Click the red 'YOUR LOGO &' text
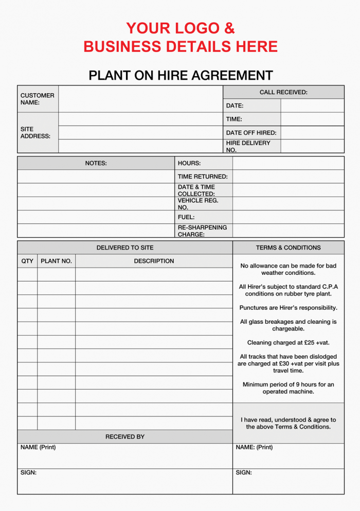(180, 28)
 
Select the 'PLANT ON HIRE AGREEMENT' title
(181, 75)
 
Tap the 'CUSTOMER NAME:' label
(37, 99)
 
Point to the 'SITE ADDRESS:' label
(35, 133)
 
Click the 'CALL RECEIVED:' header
(283, 92)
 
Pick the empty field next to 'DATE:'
(312, 105)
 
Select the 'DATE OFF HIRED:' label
(251, 133)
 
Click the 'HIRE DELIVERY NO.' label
(248, 146)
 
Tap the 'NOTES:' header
(96, 163)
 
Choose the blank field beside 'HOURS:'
(288, 163)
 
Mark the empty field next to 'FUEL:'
(288, 217)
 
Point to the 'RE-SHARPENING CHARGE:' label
(202, 231)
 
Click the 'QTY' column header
(27, 261)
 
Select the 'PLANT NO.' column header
(56, 261)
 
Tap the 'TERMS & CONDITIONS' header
(288, 248)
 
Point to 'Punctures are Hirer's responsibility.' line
(288, 308)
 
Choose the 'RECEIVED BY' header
(125, 437)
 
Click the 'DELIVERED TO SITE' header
(125, 248)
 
